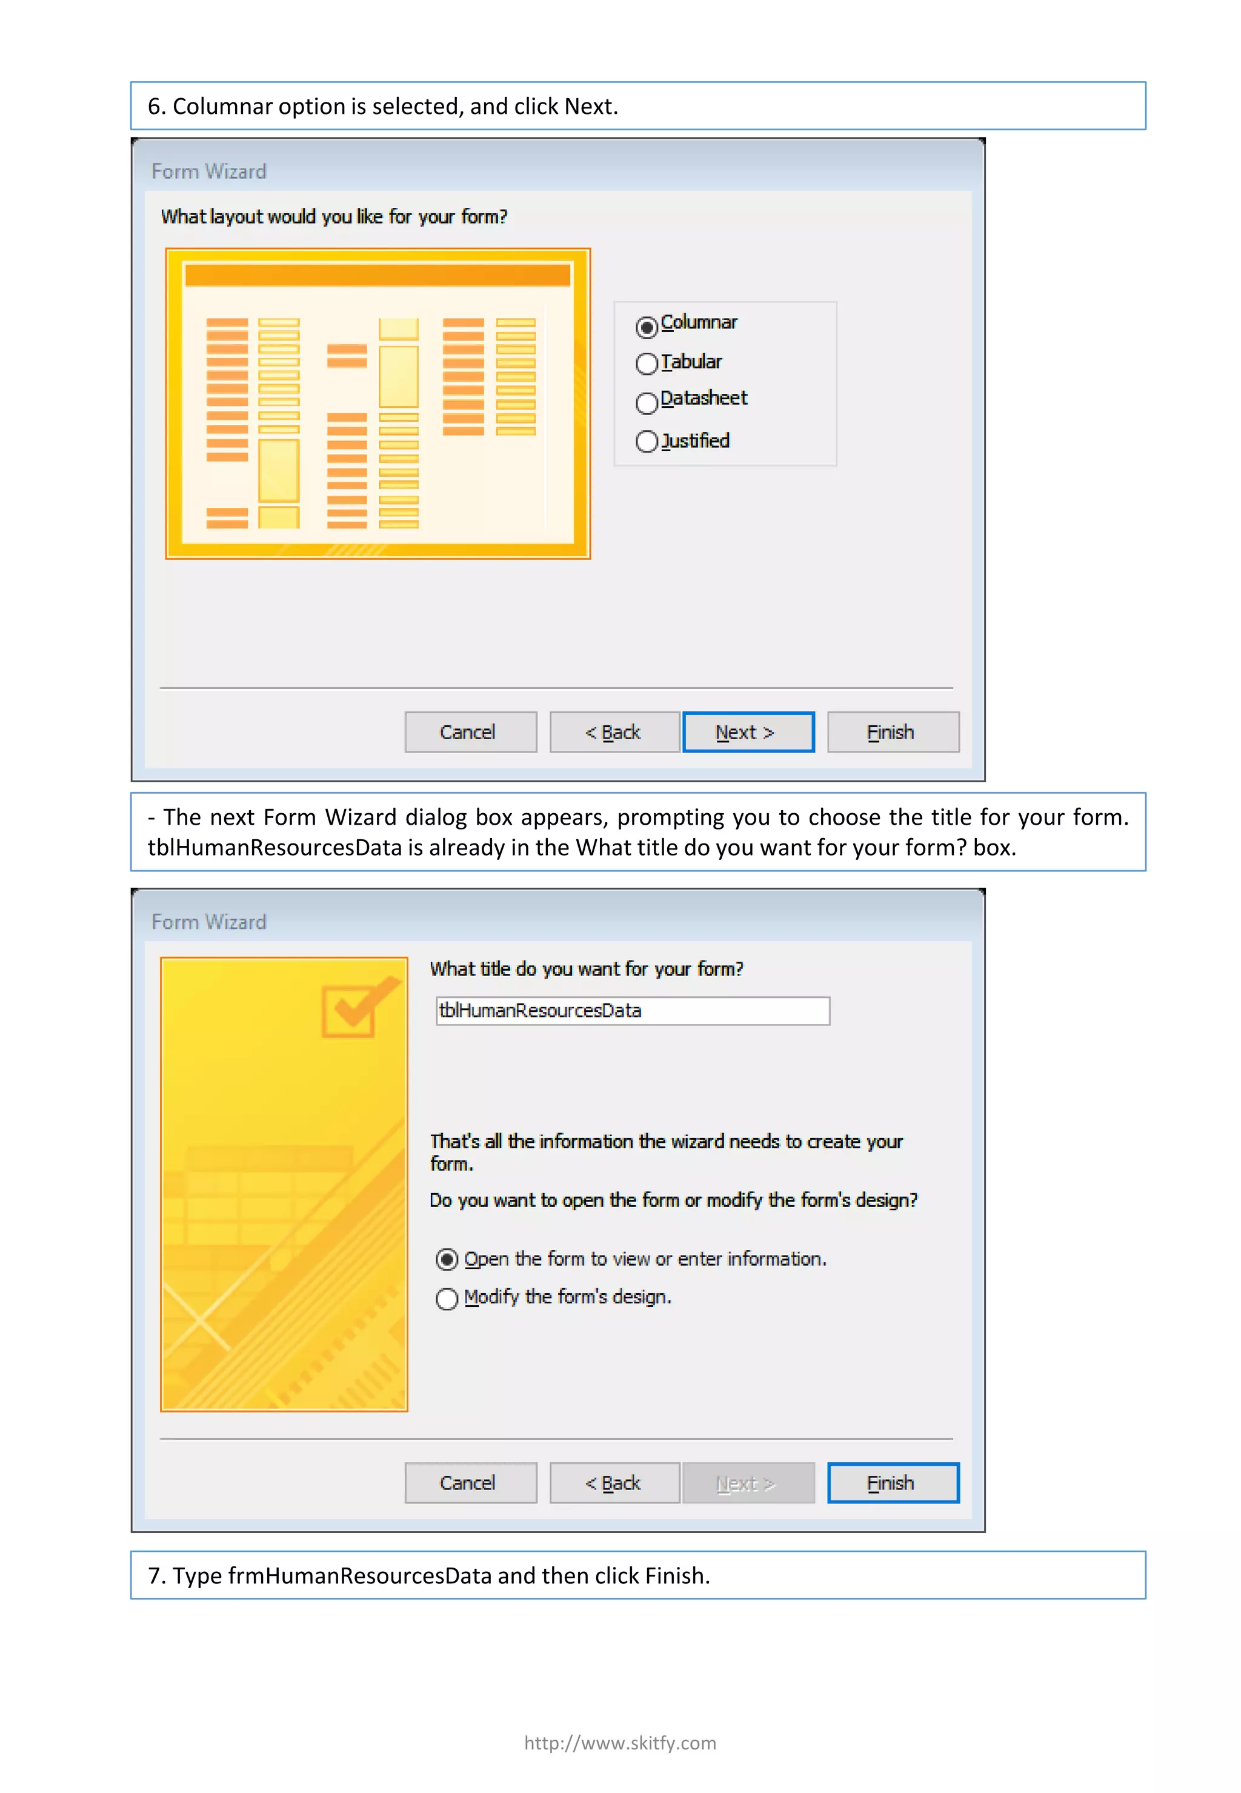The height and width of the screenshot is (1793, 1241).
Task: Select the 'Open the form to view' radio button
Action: click(x=447, y=1260)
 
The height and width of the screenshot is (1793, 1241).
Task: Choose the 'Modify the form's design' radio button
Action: click(x=447, y=1299)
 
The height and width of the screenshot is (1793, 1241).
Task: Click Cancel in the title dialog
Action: click(x=470, y=1483)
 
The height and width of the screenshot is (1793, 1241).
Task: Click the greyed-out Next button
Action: click(x=748, y=1483)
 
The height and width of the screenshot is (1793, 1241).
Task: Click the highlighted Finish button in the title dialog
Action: click(x=893, y=1483)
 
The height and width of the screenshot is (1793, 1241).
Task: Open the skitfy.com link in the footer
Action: click(x=620, y=1743)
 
